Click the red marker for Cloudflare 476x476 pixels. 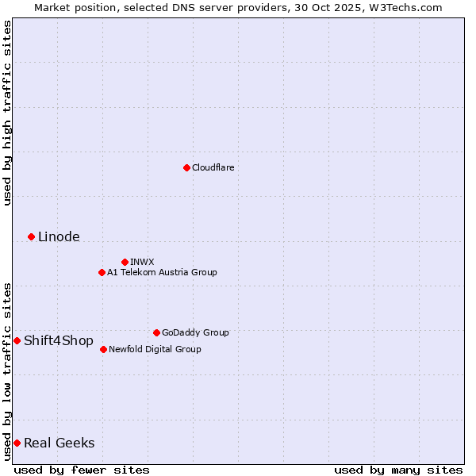(x=186, y=167)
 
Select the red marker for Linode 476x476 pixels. (x=31, y=236)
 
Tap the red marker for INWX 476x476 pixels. (x=125, y=262)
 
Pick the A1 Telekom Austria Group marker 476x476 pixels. (x=102, y=272)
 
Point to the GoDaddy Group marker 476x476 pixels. (x=156, y=332)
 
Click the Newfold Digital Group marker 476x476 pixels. (x=103, y=349)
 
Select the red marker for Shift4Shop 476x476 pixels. (x=17, y=340)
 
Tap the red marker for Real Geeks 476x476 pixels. (x=17, y=443)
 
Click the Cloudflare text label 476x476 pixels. (x=213, y=167)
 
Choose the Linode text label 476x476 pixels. (x=59, y=236)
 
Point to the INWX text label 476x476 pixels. (x=142, y=262)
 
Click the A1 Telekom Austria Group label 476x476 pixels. (x=162, y=272)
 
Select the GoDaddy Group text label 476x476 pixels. (x=195, y=332)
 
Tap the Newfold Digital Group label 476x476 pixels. (x=155, y=349)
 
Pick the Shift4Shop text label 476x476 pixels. (x=59, y=340)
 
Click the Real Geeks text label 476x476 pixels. (x=59, y=443)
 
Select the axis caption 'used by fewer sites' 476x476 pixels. (x=82, y=470)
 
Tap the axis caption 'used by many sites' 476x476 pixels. (x=398, y=470)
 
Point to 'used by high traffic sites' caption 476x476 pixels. (x=7, y=113)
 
